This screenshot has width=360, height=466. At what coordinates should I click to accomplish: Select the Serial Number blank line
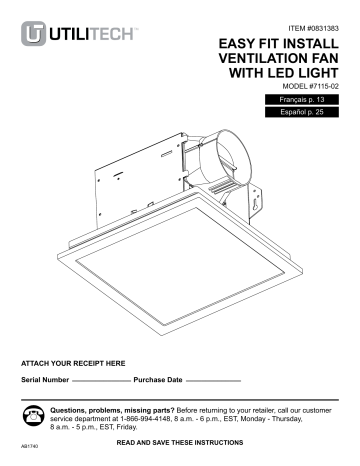click(x=100, y=382)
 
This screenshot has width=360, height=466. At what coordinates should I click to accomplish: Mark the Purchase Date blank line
click(x=214, y=382)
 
